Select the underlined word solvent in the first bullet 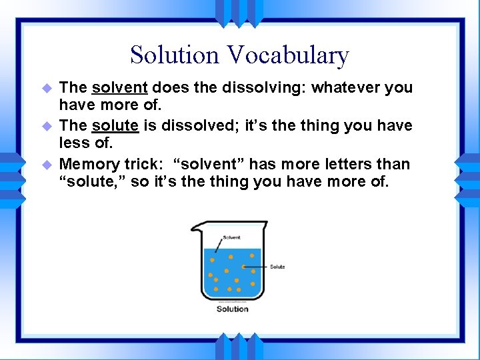[120, 87]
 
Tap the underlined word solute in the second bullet [115, 126]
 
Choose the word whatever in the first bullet [345, 87]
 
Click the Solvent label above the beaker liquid [232, 237]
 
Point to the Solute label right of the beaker [277, 267]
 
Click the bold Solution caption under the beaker [233, 309]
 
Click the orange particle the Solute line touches [245, 267]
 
